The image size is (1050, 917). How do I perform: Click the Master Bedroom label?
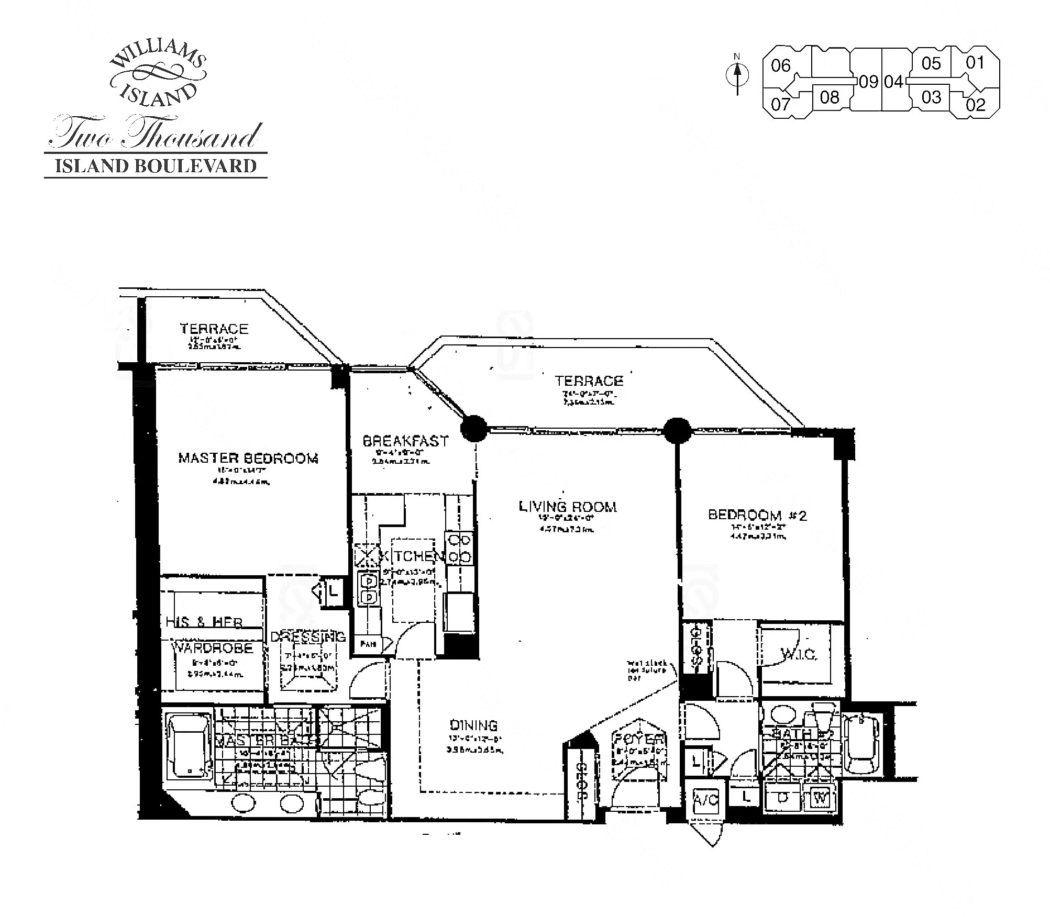pos(248,458)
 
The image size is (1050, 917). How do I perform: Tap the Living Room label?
pos(568,506)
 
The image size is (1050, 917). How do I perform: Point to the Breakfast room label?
pos(406,441)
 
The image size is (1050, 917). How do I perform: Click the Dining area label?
pos(473,725)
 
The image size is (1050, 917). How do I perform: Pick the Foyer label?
pos(639,740)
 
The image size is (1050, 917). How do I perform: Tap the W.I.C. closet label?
pos(798,654)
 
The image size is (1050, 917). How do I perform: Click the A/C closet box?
pos(706,801)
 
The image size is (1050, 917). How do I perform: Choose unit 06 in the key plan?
pos(780,66)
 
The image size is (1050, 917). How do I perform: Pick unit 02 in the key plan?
pos(976,105)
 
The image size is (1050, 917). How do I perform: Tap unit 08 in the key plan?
pos(830,97)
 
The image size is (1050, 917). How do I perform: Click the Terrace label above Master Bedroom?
pos(214,329)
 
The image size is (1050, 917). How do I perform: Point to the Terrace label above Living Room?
pos(589,381)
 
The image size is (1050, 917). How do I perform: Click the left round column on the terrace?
pos(474,429)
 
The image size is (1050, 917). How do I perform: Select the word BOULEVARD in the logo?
pos(196,166)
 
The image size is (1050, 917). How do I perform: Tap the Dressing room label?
pos(308,636)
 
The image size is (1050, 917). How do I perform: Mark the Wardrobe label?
pos(213,648)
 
